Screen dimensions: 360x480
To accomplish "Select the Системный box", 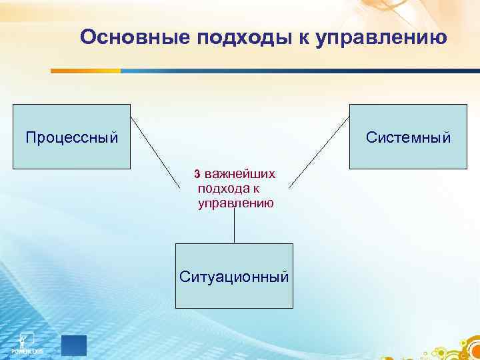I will pos(408,137).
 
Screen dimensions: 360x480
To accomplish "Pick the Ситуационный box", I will pos(234,275).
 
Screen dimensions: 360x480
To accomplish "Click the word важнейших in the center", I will pos(240,174).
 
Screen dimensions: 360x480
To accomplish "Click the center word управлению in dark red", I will pos(235,204).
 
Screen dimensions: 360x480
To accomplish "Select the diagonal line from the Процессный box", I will pos(156,153).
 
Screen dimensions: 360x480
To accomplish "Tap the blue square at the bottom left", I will pos(74,345).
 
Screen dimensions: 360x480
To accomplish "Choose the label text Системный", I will pos(408,138).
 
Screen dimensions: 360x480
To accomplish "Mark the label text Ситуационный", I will pos(234,275).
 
